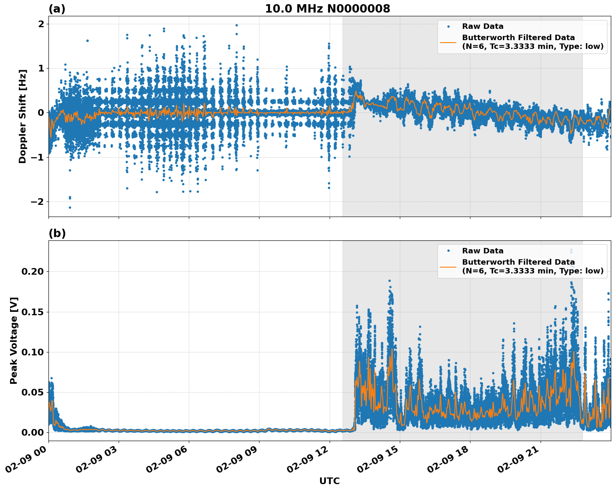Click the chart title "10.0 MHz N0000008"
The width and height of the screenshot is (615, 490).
coord(327,9)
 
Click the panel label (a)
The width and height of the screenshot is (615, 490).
coord(57,9)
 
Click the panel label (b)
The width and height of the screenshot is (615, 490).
coord(57,233)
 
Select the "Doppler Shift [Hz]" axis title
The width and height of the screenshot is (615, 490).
coord(23,116)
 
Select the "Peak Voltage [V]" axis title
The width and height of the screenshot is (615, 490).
coord(14,340)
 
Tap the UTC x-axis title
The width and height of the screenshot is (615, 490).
coord(329,481)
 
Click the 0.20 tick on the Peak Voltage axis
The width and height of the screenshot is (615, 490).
coord(32,272)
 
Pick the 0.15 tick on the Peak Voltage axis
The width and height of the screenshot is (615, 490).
coord(32,312)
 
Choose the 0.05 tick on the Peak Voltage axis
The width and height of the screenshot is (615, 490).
coord(32,392)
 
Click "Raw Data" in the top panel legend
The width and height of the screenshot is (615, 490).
coord(483,26)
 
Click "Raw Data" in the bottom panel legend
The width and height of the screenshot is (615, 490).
coord(483,251)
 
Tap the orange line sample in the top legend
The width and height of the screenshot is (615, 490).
coord(448,42)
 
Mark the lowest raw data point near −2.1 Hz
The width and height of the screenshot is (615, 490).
coord(70,207)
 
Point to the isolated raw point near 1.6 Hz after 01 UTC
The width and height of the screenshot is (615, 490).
coord(87,41)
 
